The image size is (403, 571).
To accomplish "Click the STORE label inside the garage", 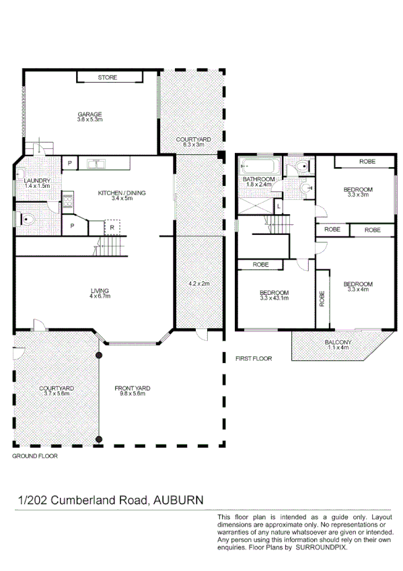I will tap(107, 77).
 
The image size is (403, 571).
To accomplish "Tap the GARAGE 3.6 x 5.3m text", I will tap(89, 117).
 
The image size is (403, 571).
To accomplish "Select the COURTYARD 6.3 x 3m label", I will tap(193, 142).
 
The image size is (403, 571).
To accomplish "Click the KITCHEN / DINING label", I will tap(122, 196).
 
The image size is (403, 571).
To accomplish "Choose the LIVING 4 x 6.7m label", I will tap(100, 294).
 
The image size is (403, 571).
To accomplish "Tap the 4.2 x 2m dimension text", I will tap(198, 283).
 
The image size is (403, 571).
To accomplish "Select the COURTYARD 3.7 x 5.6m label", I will tap(56, 391).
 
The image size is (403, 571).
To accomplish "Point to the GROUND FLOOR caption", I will tap(35, 456).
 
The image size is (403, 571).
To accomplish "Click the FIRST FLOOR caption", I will tap(254, 359).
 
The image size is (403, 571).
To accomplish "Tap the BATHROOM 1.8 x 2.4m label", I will tap(258, 181).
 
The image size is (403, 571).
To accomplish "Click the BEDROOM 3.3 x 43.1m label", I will tap(274, 295).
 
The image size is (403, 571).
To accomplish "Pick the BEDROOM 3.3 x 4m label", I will tap(357, 287).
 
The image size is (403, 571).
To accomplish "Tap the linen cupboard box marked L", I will tap(279, 206).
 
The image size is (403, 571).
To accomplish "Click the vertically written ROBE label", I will tap(322, 298).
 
